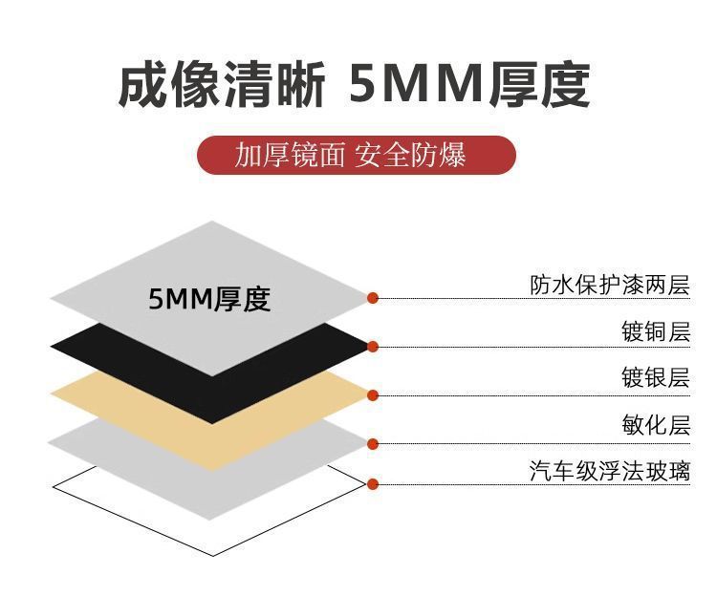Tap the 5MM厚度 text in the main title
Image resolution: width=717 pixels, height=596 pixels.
(x=468, y=84)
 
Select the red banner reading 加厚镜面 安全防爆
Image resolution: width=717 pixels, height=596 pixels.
(x=356, y=155)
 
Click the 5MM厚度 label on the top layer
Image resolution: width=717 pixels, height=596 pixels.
(x=209, y=299)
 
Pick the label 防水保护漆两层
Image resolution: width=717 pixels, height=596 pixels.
(x=609, y=285)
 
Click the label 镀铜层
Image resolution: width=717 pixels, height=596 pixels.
(x=655, y=332)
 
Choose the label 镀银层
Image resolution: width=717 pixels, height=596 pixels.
(x=655, y=378)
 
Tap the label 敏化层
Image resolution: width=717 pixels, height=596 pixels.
(x=655, y=424)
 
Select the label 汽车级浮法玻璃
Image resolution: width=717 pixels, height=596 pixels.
(x=609, y=471)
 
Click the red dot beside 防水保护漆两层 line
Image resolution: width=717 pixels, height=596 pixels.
(x=373, y=298)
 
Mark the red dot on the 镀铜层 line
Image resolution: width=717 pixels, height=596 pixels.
(x=373, y=346)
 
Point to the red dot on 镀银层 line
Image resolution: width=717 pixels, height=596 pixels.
(x=373, y=394)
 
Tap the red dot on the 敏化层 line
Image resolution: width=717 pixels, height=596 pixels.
(x=373, y=443)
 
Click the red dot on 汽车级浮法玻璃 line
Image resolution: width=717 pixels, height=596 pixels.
(x=373, y=483)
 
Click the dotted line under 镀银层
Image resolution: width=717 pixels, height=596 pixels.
(x=535, y=394)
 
